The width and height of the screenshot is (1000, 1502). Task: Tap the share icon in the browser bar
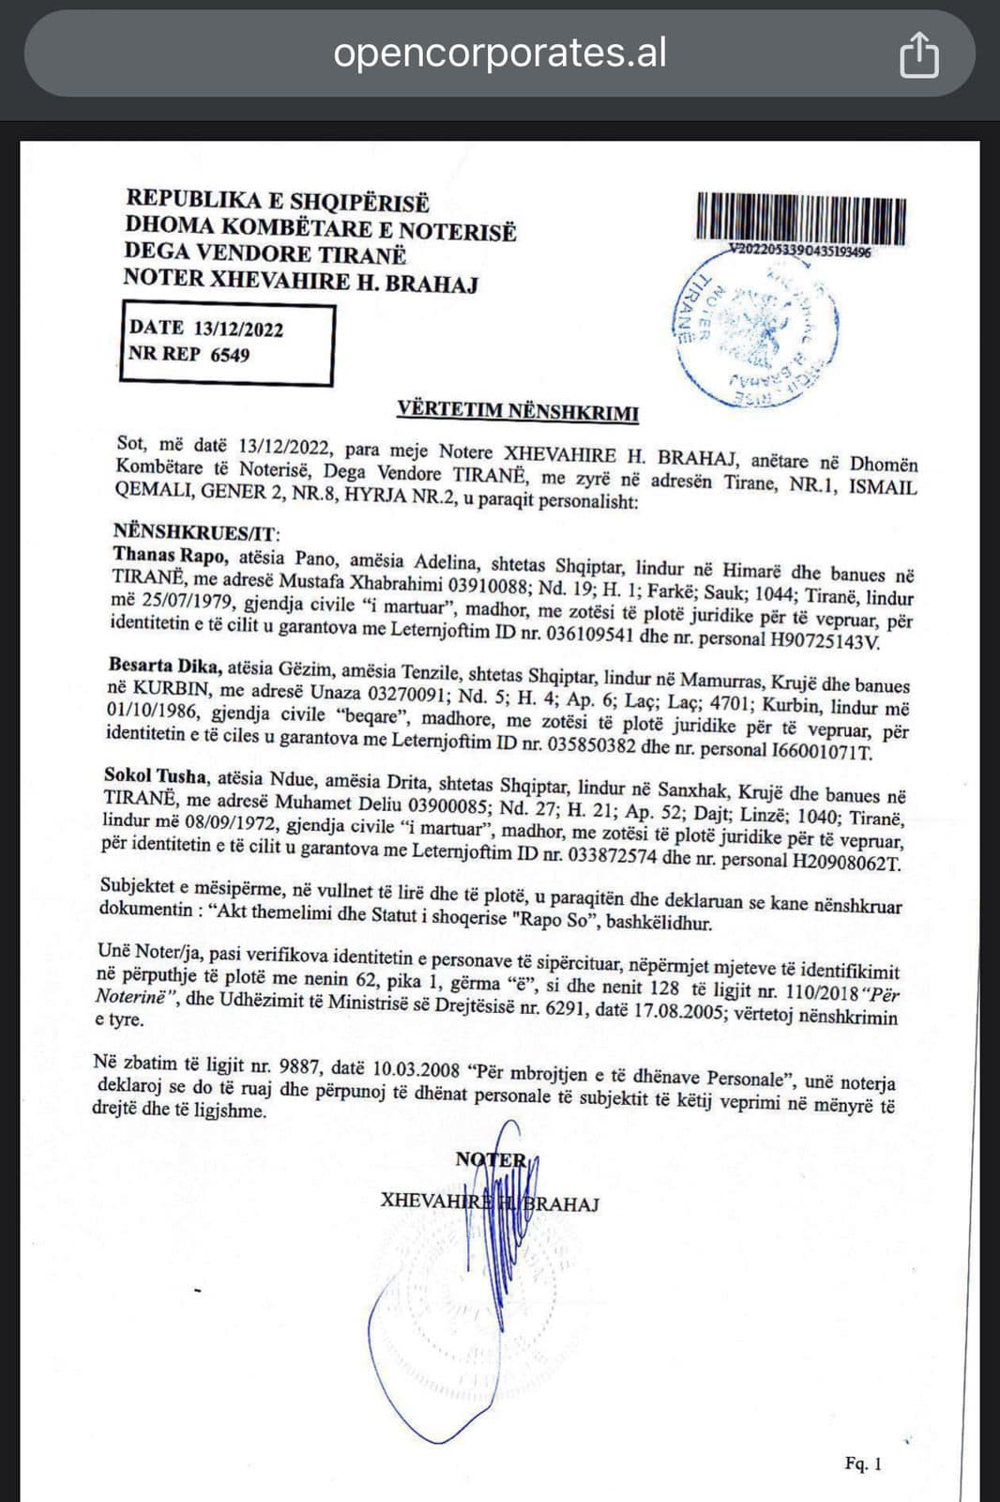pos(918,54)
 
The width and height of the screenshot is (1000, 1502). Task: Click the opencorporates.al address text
pos(500,53)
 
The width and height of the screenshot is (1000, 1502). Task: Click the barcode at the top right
pos(801,218)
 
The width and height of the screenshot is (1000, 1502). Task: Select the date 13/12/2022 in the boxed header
pos(238,329)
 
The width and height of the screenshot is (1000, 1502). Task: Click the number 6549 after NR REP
pos(230,355)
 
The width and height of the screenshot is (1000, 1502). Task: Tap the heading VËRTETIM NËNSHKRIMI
pos(517,410)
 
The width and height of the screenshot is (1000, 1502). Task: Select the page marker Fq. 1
pos(862,1463)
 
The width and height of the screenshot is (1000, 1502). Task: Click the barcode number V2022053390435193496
pos(800,251)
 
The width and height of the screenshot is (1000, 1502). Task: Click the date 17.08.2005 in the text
pos(661,1017)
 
